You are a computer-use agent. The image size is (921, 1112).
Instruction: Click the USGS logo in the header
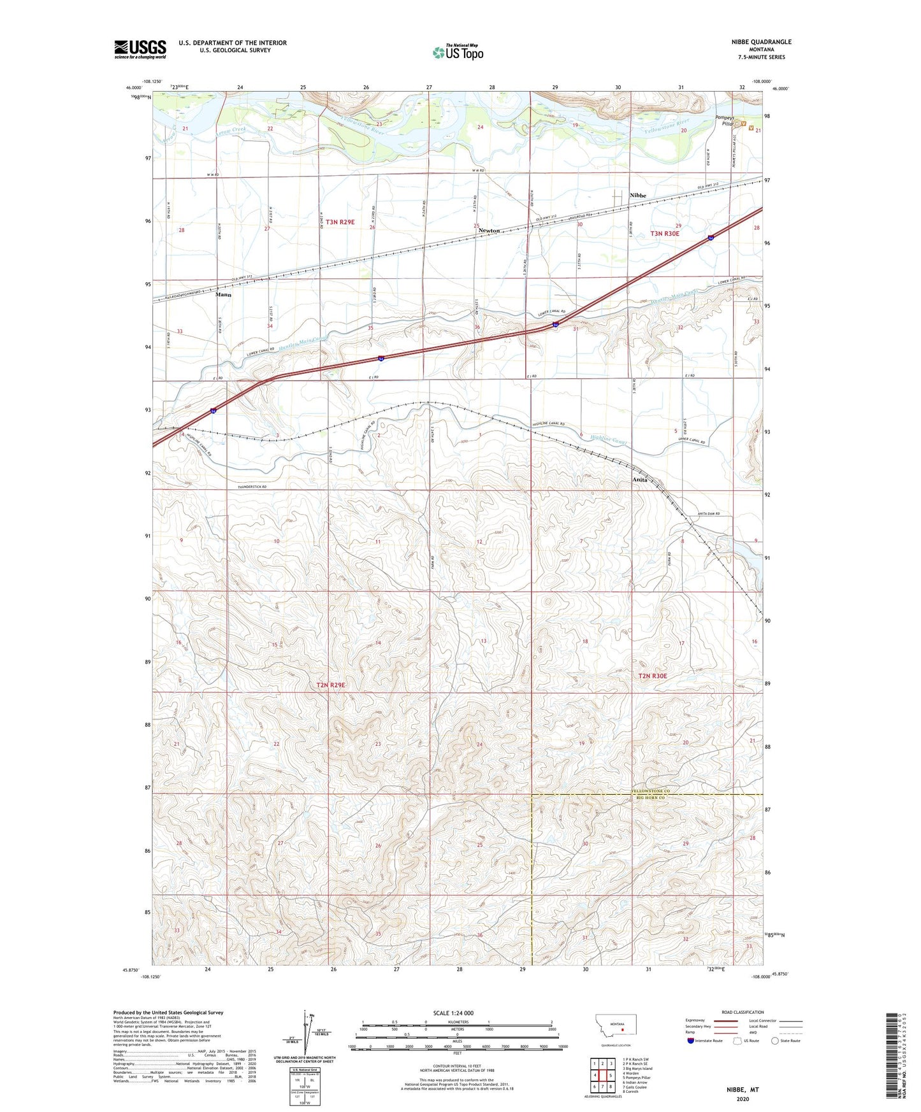[x=140, y=49]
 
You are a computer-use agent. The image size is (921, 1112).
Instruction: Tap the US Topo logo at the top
[x=458, y=52]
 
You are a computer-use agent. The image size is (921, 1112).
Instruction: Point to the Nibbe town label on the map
[x=637, y=196]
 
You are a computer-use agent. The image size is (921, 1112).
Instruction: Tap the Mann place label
[x=223, y=295]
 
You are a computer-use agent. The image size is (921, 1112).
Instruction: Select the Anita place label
[x=639, y=480]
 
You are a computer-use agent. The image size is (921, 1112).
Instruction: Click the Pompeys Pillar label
[x=724, y=120]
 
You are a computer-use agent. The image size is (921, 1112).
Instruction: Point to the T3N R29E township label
[x=340, y=222]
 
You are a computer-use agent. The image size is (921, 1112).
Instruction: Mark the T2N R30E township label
[x=652, y=676]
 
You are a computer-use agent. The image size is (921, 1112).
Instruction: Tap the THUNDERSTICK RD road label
[x=252, y=487]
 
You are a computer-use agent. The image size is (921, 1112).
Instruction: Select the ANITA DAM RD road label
[x=708, y=514]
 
